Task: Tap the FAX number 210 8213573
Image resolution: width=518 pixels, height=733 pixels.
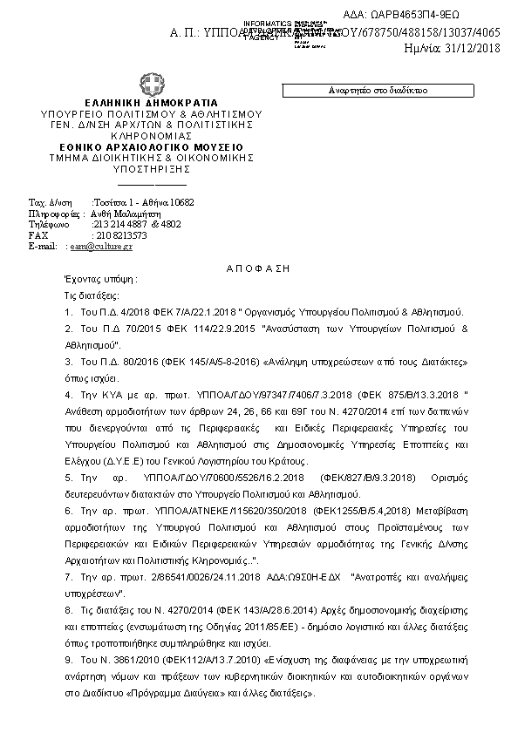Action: click(119, 235)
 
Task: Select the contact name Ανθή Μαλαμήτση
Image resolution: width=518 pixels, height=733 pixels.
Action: click(126, 213)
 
